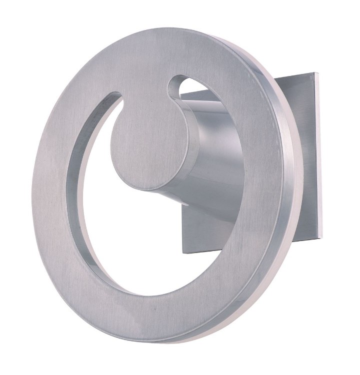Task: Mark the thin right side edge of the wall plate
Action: pos(319,160)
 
